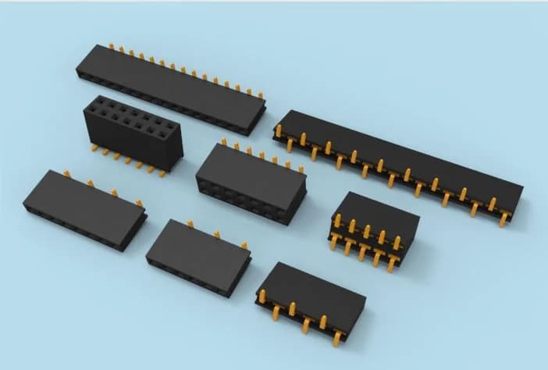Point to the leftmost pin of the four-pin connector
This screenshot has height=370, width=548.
(66, 173)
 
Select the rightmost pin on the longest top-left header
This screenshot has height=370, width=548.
(261, 97)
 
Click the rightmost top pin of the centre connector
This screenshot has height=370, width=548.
(301, 167)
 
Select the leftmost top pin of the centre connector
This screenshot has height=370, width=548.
(224, 142)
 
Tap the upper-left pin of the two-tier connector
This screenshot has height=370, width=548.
(337, 221)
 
